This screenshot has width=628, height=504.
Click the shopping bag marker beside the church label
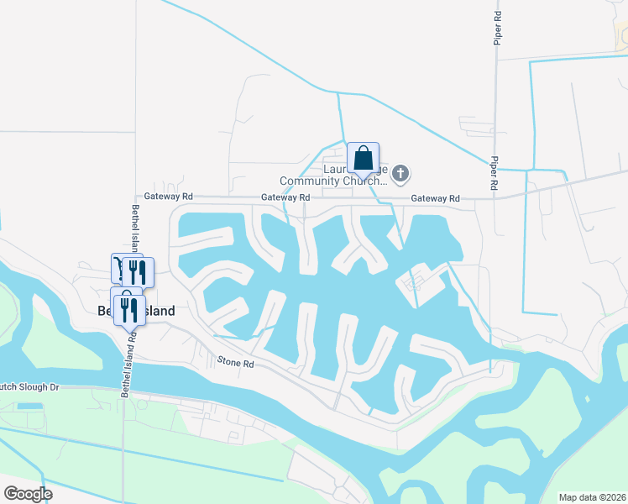click(x=363, y=158)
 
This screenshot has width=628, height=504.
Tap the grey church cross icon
click(x=400, y=174)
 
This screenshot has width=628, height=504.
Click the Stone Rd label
click(x=236, y=363)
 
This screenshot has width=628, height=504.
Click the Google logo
click(x=27, y=494)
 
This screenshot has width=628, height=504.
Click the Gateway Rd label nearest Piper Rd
click(x=435, y=198)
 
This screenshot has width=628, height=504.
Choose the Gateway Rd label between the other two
click(x=285, y=197)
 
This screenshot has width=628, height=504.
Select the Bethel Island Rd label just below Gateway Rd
click(x=134, y=228)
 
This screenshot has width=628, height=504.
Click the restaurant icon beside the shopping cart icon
click(x=138, y=271)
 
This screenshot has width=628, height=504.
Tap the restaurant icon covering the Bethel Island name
click(x=129, y=308)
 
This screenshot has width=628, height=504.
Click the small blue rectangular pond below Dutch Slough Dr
click(x=29, y=407)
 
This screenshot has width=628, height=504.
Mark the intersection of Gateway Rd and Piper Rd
click(x=495, y=198)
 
